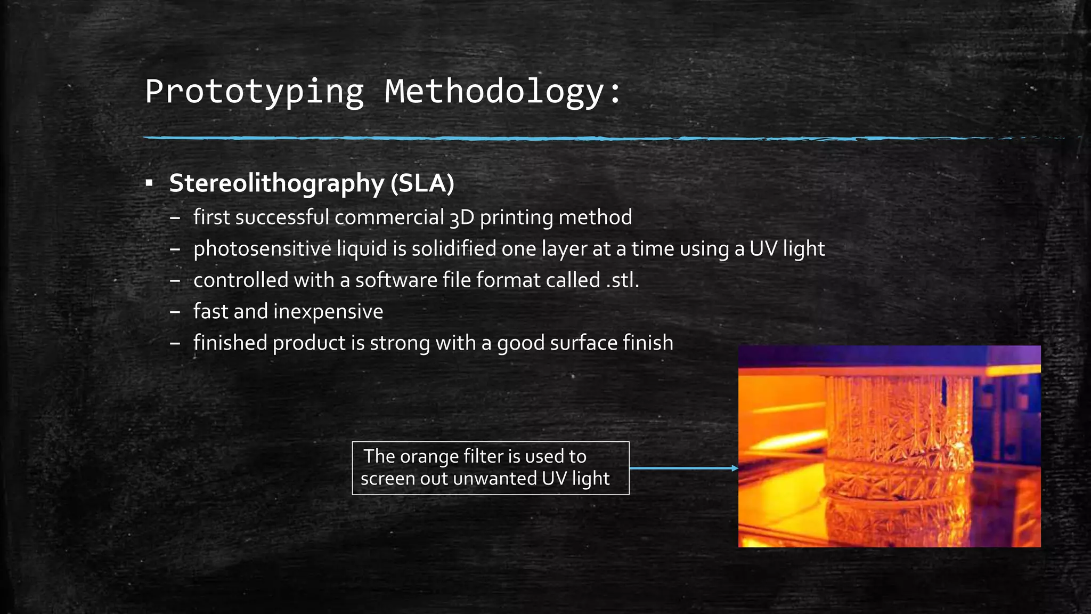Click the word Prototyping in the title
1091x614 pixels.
254,92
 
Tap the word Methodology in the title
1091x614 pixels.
495,92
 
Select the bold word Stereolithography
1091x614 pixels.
276,183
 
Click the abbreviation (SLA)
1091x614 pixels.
422,183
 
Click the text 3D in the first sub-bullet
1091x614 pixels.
461,218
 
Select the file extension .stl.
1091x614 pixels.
622,280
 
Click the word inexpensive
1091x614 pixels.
328,312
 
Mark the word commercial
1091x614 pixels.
389,217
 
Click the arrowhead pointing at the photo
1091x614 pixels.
735,468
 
